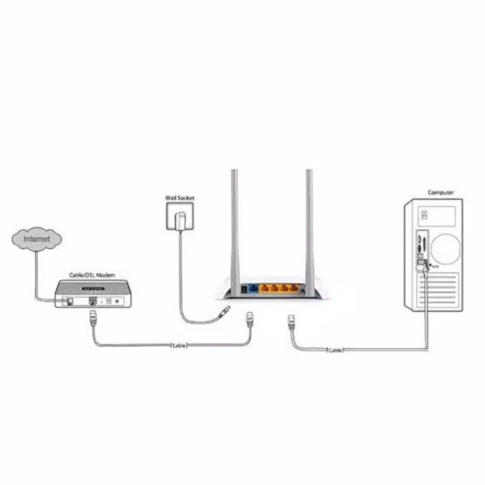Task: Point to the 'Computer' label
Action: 441,192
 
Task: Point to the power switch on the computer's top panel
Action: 424,214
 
